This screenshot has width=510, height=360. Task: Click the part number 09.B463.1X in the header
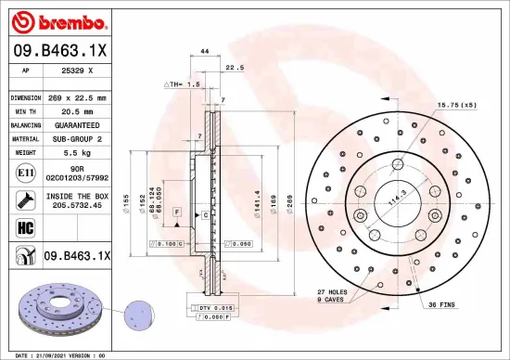pyautogui.click(x=59, y=52)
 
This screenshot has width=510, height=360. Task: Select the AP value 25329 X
pyautogui.click(x=76, y=71)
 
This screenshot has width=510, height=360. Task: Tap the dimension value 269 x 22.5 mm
pyautogui.click(x=76, y=96)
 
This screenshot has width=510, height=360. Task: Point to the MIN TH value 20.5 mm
pyautogui.click(x=76, y=110)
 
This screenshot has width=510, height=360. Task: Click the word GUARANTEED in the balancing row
pyautogui.click(x=76, y=124)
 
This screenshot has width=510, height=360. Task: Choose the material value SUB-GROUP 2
pyautogui.click(x=76, y=138)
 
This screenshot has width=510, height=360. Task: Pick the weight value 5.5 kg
pyautogui.click(x=76, y=152)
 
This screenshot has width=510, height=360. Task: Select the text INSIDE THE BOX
pyautogui.click(x=77, y=196)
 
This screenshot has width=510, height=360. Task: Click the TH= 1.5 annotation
pyautogui.click(x=185, y=84)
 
